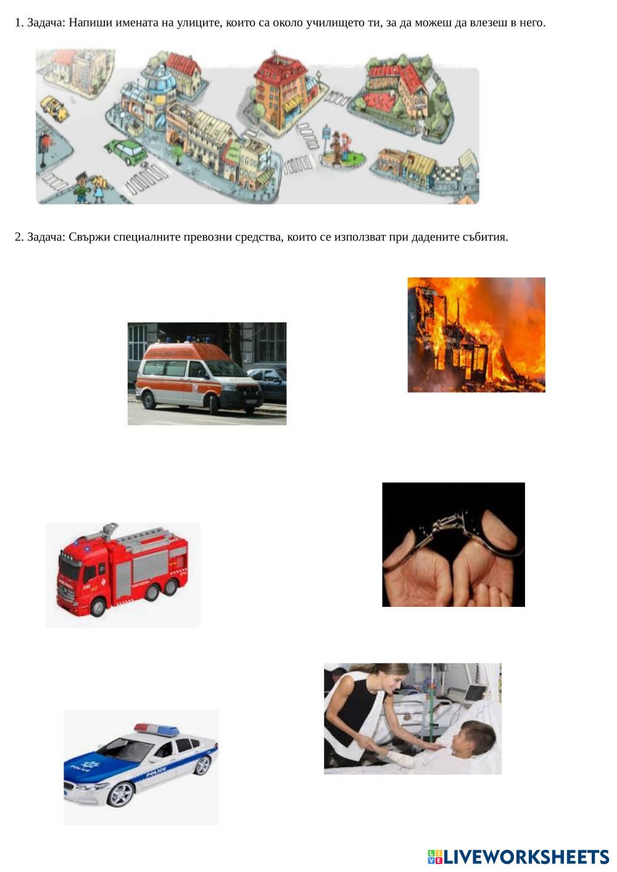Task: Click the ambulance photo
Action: pos(207,373)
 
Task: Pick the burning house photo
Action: pos(476,334)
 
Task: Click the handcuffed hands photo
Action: pos(453,544)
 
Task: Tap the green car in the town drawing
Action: pos(125,152)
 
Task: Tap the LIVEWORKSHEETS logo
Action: pos(518,857)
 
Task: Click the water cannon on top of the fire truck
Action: pos(109,530)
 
